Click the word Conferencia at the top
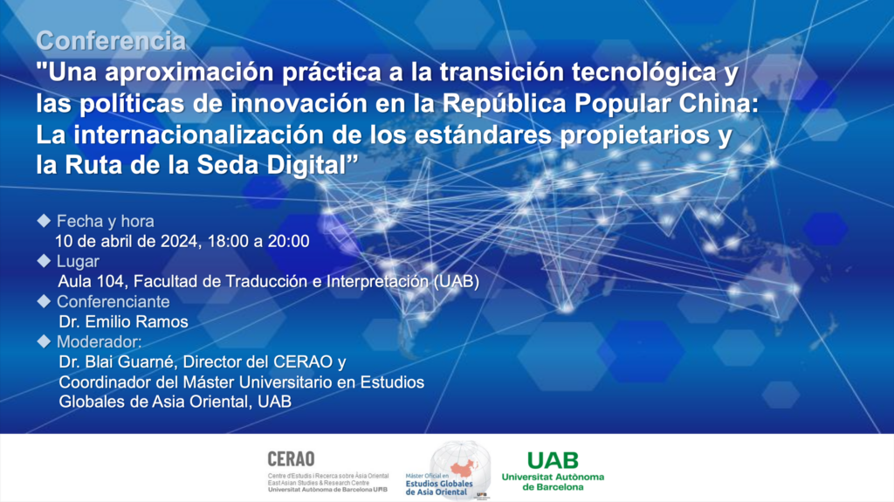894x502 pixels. [111, 41]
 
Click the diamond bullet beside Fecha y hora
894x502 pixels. [44, 221]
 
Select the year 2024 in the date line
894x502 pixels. [179, 241]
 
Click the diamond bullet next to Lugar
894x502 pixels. [44, 261]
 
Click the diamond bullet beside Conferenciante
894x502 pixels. [44, 301]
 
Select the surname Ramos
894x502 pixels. [164, 322]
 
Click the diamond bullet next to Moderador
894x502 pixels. [44, 341]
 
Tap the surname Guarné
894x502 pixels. [147, 362]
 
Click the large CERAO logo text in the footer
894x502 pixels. [292, 459]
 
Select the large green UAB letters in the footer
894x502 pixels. [553, 460]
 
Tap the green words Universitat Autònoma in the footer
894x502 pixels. [553, 477]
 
